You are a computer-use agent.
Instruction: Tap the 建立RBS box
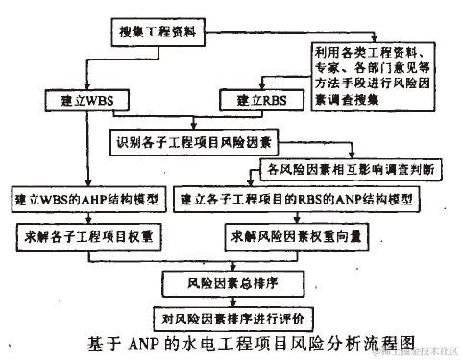click(252, 99)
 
